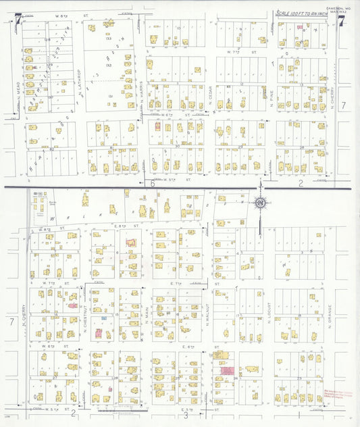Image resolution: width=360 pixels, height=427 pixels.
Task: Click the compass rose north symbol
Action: tap(259, 201)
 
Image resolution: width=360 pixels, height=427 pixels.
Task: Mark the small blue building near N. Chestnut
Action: tap(103, 318)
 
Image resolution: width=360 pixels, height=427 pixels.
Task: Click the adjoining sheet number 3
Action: tap(185, 415)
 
